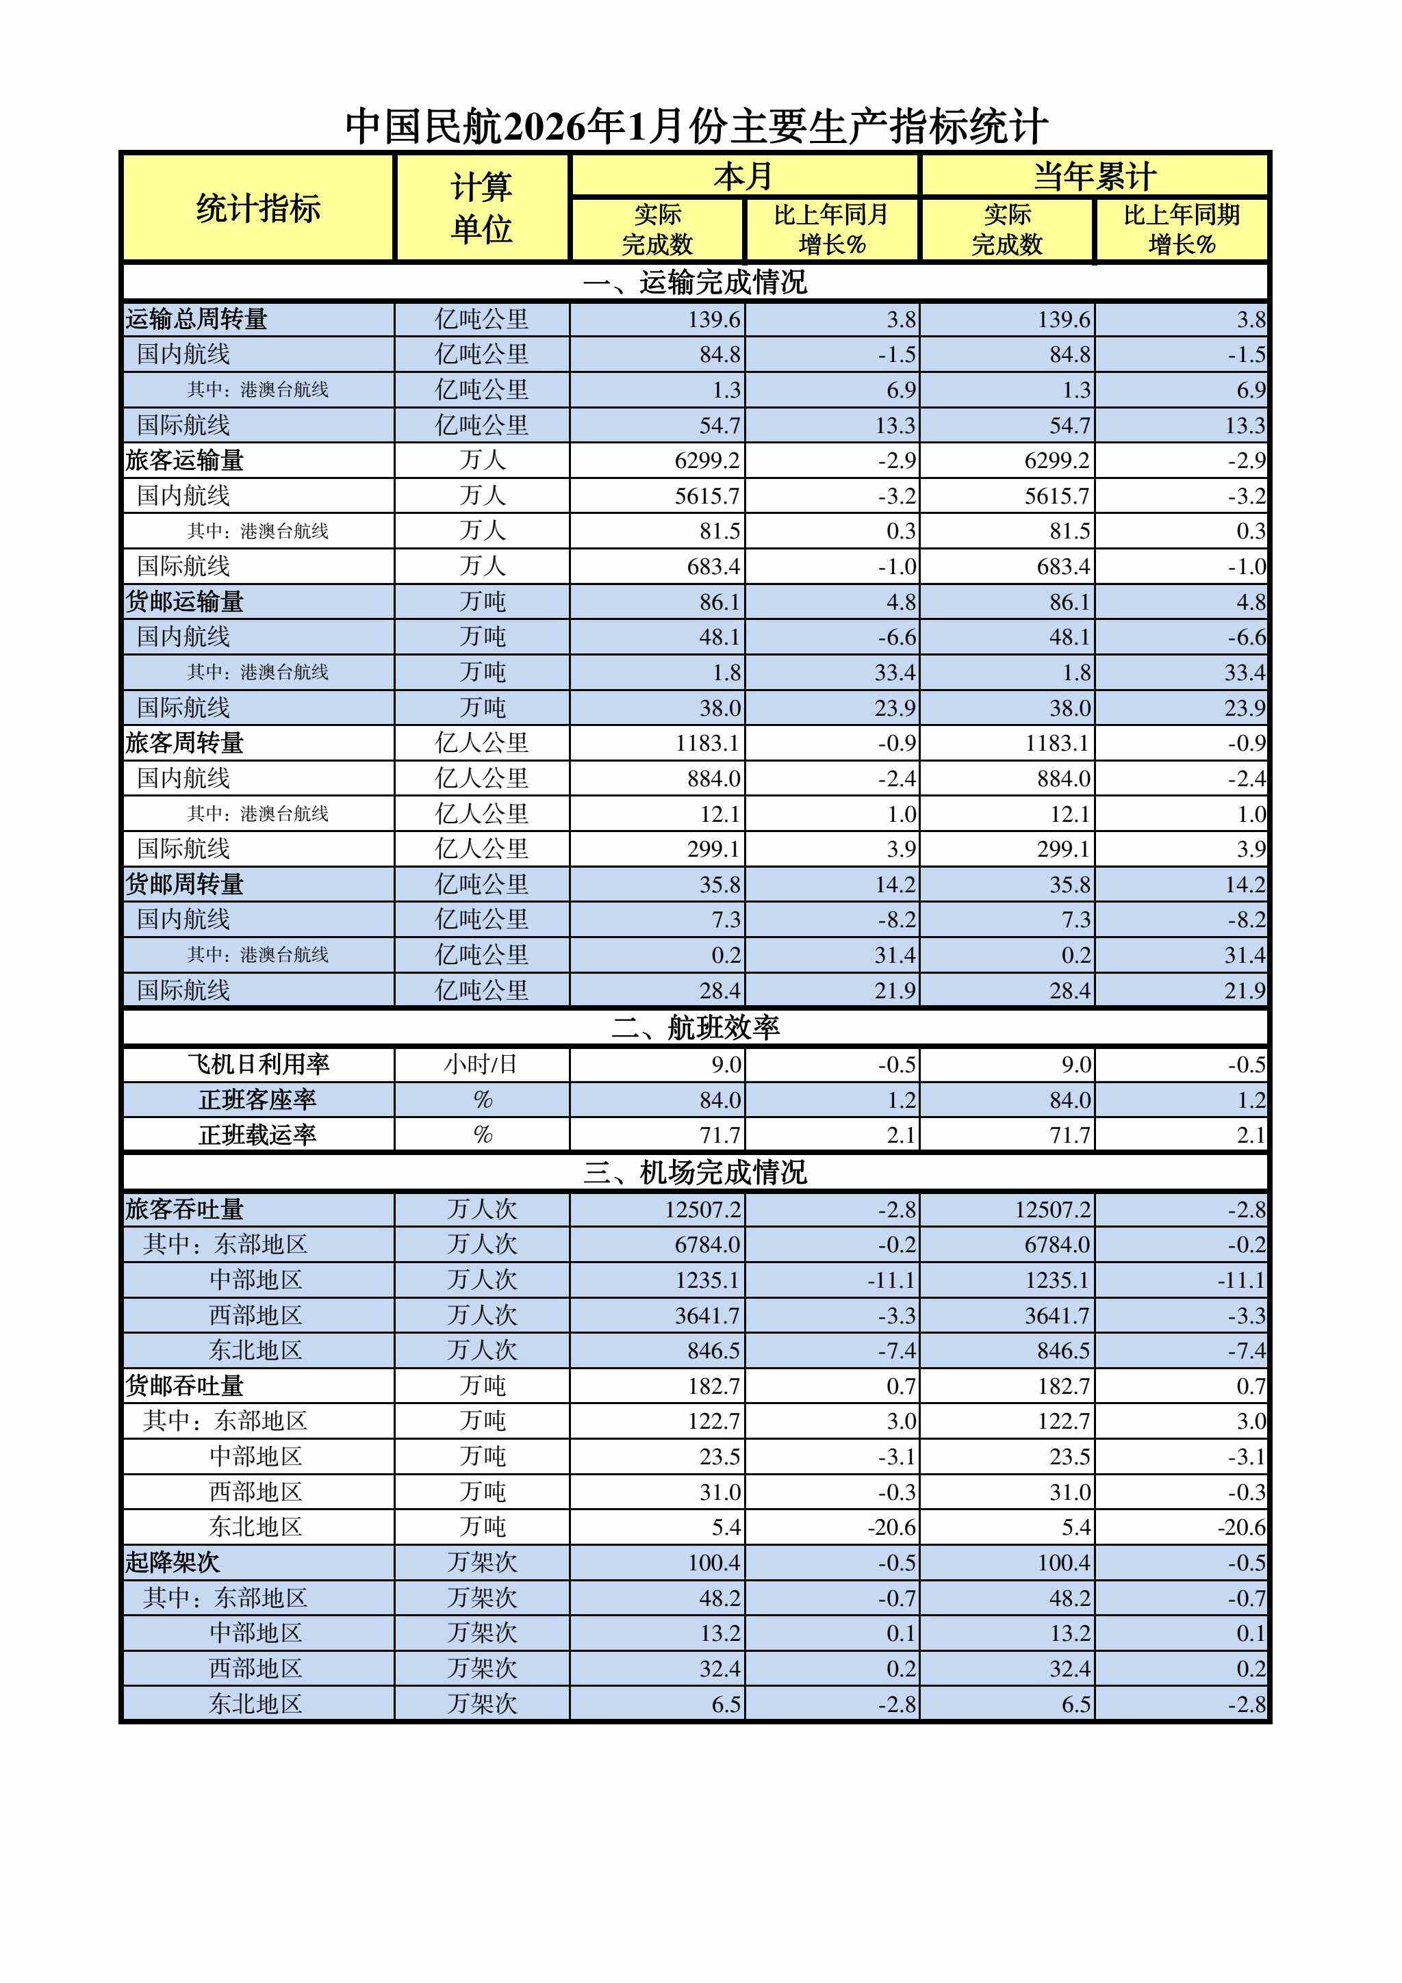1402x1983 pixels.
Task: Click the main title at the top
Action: (696, 126)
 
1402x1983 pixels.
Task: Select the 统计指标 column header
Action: (257, 208)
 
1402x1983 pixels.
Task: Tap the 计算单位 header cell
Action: (481, 208)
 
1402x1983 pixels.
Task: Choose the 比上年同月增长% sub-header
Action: (831, 229)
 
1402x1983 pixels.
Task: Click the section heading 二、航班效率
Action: (696, 1027)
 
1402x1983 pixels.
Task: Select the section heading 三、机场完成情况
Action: (696, 1172)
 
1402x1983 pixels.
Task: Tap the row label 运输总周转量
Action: (197, 320)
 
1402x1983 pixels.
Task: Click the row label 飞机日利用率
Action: (258, 1064)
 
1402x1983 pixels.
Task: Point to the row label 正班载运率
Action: (257, 1135)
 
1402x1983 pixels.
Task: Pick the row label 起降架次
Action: (173, 1562)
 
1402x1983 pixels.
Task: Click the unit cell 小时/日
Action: (481, 1064)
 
